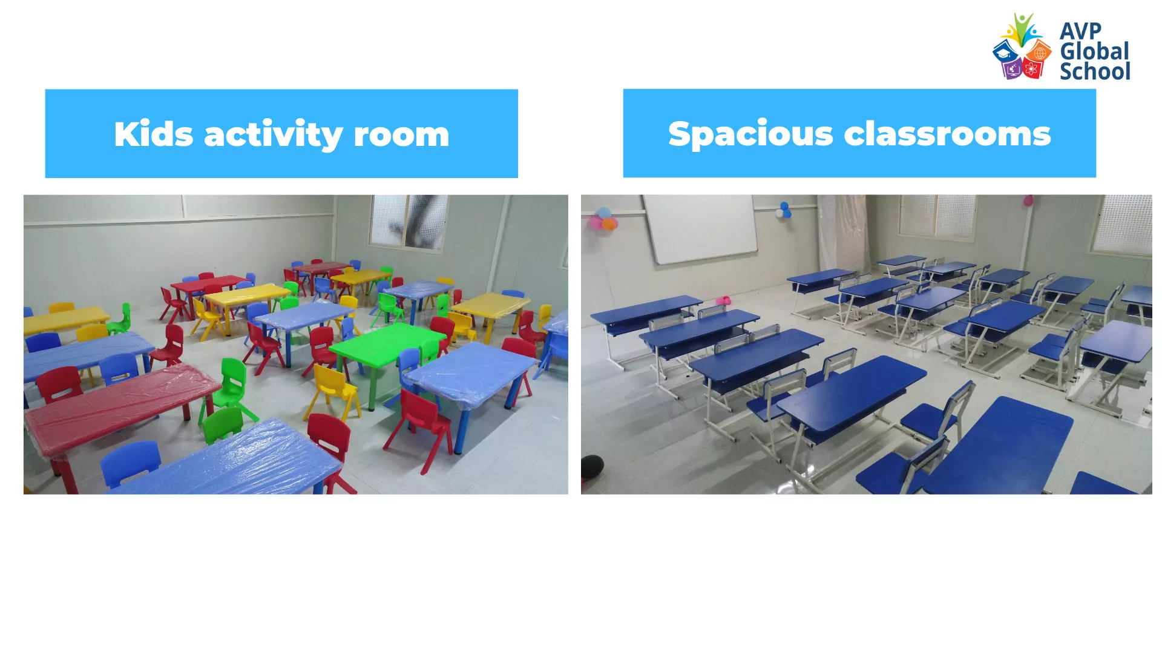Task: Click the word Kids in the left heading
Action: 154,134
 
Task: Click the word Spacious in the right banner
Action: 751,134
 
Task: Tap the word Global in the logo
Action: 1095,51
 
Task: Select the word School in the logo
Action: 1095,71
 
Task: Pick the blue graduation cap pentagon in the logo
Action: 1005,53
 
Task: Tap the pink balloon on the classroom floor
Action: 723,300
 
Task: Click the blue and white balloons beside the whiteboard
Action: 784,210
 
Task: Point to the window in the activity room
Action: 410,221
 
